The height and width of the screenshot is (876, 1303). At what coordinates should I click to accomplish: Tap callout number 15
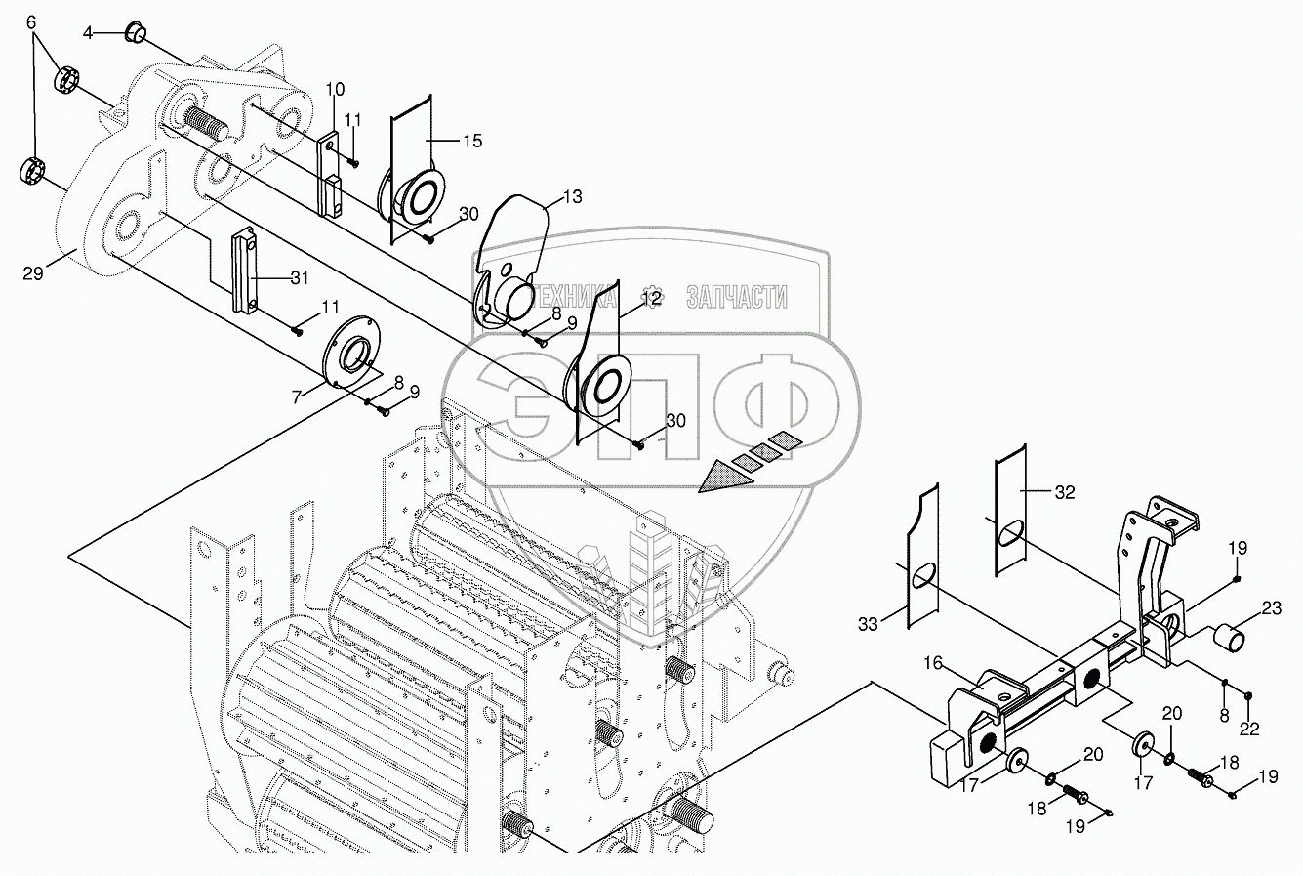(x=471, y=141)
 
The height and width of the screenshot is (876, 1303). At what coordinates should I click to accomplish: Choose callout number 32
(x=1064, y=492)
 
